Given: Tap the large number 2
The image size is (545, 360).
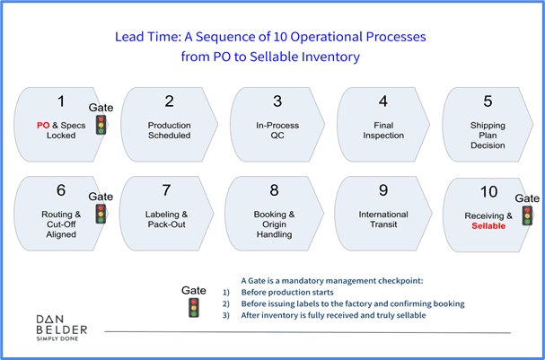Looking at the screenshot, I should click(x=169, y=102).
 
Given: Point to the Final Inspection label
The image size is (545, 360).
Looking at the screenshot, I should click(x=383, y=130).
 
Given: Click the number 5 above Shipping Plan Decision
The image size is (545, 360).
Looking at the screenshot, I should click(x=488, y=101).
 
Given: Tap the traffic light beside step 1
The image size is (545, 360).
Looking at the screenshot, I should click(x=101, y=124).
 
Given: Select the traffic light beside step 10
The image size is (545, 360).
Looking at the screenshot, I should click(x=526, y=215).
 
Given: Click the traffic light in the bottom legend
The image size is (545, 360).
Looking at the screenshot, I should click(x=193, y=307).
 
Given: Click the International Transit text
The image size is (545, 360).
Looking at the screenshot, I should click(x=383, y=220).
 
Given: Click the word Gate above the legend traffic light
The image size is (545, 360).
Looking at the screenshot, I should click(x=193, y=290).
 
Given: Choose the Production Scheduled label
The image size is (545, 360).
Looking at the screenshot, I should click(x=169, y=130).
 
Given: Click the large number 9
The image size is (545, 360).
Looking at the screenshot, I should click(x=383, y=191).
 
